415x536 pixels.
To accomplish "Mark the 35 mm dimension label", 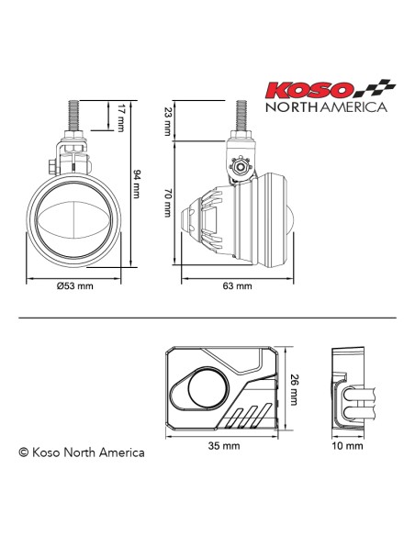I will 223,446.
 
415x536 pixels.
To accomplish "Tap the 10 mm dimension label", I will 347,446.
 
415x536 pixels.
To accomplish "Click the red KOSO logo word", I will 308,91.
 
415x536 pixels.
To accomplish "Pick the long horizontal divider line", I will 207,317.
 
